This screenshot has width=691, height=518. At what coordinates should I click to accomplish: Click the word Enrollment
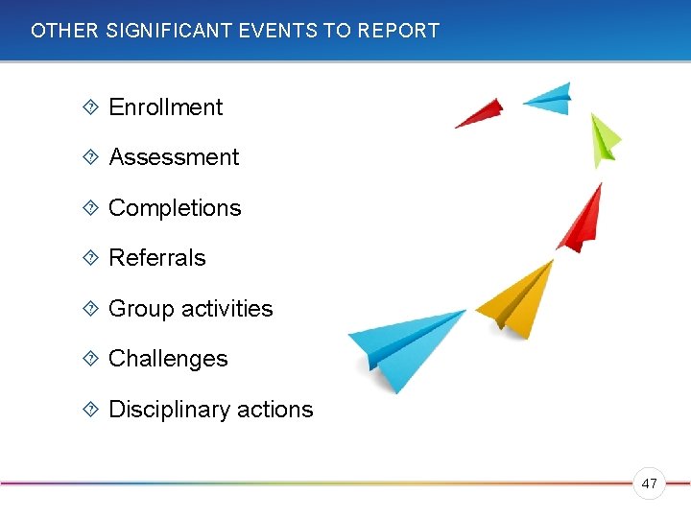point(165,107)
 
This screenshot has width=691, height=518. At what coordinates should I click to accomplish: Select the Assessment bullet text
point(174,157)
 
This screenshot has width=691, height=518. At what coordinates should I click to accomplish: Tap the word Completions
point(175,208)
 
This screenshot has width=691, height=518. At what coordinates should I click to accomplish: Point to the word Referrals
point(156,258)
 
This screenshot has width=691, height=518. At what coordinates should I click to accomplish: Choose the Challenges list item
point(168,359)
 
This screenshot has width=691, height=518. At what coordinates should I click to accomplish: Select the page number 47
point(650,484)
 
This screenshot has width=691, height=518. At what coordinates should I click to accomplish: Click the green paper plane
point(604,139)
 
